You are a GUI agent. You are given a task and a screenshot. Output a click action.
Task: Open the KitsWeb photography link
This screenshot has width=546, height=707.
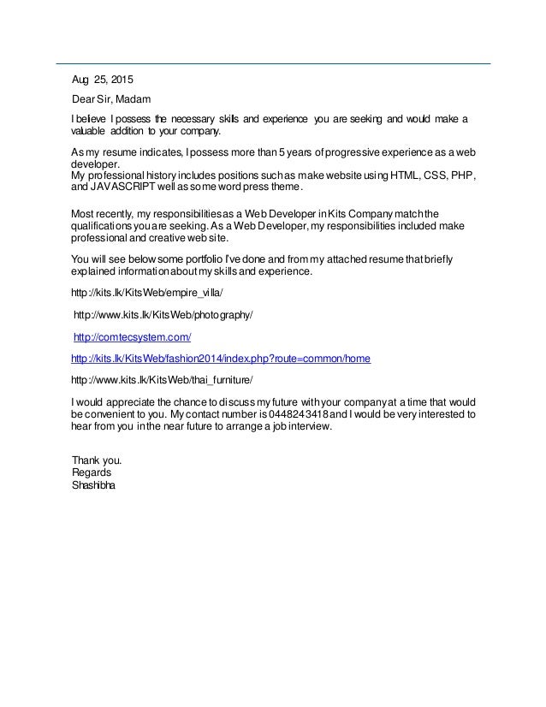tap(164, 315)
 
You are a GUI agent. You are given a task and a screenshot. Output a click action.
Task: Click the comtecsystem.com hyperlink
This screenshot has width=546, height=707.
tap(133, 337)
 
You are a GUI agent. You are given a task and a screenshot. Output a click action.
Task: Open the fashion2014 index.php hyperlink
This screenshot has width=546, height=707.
tap(221, 359)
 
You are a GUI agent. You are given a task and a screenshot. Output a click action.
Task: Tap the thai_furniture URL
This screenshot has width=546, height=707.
tap(162, 380)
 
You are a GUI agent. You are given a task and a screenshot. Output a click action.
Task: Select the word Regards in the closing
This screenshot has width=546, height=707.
tap(92, 472)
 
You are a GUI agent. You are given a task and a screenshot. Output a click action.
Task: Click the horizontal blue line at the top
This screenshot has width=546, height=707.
tap(273, 63)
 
